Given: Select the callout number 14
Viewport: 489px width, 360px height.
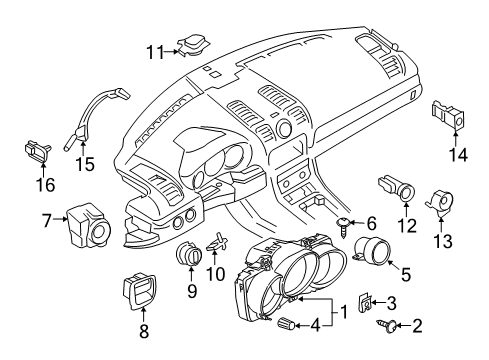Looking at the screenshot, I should click(x=459, y=153).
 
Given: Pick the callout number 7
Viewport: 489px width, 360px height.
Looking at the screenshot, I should click(x=47, y=218).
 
